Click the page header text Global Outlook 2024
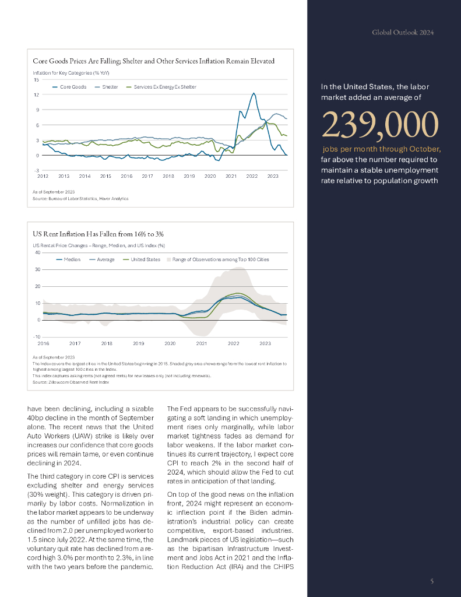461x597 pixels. click(403, 33)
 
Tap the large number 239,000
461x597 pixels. click(379, 124)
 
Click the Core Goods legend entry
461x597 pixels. click(71, 87)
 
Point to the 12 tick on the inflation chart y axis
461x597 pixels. click(36, 94)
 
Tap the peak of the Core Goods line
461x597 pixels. click(254, 93)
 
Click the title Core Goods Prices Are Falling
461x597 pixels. click(154, 61)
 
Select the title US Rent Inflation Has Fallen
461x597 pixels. click(98, 234)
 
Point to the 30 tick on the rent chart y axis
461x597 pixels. click(37, 269)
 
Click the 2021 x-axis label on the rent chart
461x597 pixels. click(202, 344)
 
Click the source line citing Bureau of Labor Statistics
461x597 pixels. click(80, 199)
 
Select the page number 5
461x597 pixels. click(431, 581)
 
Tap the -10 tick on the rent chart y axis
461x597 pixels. click(37, 337)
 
